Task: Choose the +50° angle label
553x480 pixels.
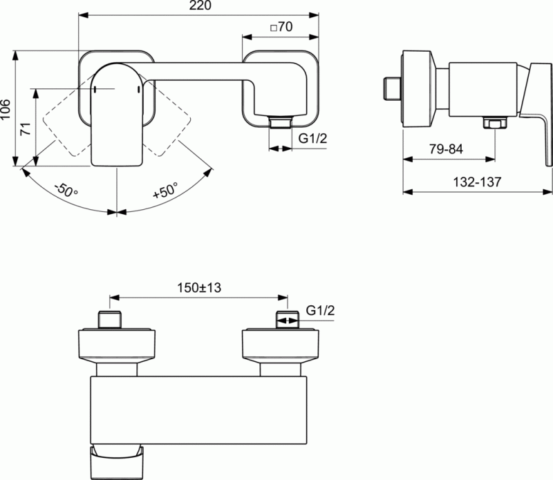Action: pyautogui.click(x=165, y=190)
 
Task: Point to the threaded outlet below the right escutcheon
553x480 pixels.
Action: pyautogui.click(x=279, y=124)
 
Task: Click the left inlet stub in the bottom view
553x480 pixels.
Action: pyautogui.click(x=111, y=321)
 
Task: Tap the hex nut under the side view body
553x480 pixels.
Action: pyautogui.click(x=494, y=124)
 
